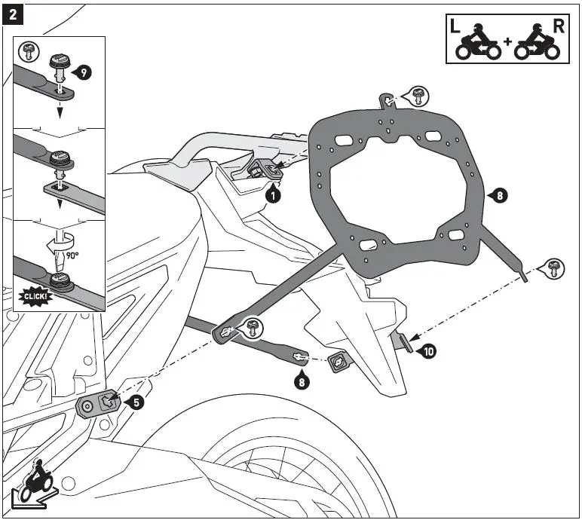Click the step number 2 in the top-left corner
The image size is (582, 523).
[x=13, y=14]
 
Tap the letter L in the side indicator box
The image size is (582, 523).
[x=455, y=26]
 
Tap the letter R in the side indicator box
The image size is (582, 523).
[x=559, y=26]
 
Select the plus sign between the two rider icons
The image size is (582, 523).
[x=507, y=41]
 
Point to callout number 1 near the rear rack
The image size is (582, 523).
[x=274, y=195]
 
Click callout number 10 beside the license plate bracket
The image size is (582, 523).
[x=429, y=351]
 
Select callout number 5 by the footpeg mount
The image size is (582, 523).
[x=136, y=402]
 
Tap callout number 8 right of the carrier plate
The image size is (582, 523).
[x=500, y=195]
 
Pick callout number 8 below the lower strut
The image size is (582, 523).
[x=302, y=381]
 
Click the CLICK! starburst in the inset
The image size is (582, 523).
[x=35, y=296]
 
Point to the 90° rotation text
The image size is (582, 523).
[x=72, y=255]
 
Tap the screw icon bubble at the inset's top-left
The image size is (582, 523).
[x=29, y=51]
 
